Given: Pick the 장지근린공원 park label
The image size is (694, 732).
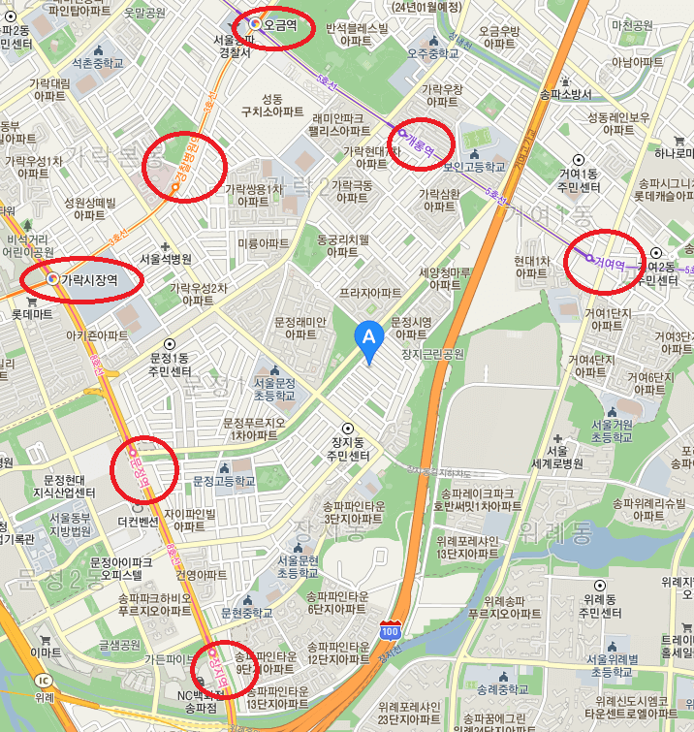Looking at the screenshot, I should point(433,354).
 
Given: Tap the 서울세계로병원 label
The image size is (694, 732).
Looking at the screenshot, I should point(572,457).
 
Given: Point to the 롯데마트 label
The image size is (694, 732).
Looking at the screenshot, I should point(32,314).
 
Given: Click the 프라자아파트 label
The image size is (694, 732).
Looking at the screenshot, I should point(370,292).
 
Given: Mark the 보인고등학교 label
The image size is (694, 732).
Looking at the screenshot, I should point(450,166).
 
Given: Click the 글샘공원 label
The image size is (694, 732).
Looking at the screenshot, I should point(118,644).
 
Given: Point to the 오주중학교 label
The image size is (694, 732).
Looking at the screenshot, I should point(431,54).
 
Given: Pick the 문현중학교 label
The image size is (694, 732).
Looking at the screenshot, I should point(248,613).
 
